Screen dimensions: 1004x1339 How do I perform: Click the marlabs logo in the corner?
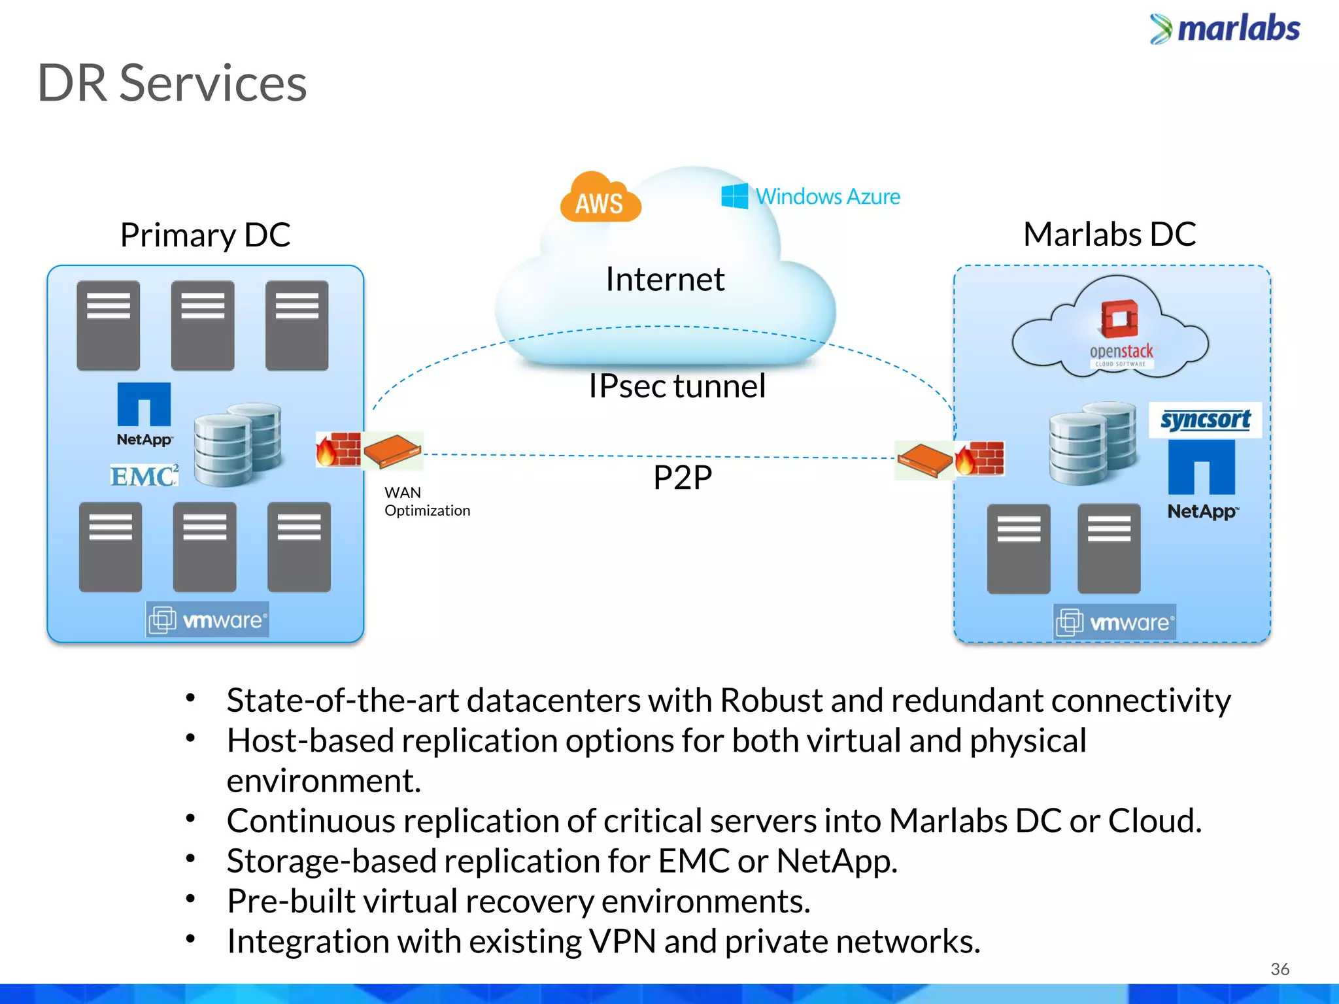(x=1225, y=29)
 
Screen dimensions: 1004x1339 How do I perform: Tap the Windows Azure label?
(x=811, y=196)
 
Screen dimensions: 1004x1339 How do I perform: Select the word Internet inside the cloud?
(x=665, y=279)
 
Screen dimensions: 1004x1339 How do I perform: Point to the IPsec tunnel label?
(x=677, y=386)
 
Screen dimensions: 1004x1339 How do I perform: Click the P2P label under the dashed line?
(x=683, y=477)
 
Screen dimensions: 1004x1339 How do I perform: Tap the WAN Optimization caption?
(x=427, y=501)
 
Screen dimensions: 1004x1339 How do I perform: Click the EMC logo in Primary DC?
(x=144, y=476)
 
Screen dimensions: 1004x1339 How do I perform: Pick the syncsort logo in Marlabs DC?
(x=1205, y=420)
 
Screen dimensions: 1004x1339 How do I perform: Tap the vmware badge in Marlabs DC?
(x=1115, y=622)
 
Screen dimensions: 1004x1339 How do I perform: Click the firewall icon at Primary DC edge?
(x=338, y=450)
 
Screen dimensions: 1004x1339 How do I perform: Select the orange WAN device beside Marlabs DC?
(x=923, y=460)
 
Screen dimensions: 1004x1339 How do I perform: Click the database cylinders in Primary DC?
(x=238, y=444)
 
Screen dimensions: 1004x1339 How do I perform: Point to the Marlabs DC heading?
(x=1110, y=234)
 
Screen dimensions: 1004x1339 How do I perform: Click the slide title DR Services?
(x=172, y=84)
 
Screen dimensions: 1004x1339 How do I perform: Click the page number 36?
(x=1280, y=969)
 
